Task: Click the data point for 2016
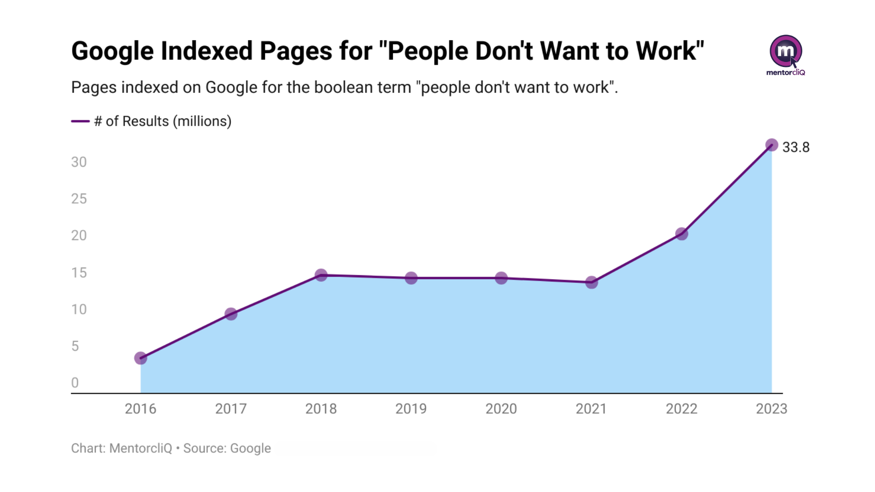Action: (140, 358)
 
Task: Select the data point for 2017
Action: (231, 314)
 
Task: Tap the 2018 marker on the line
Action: (321, 275)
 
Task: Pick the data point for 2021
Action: (591, 282)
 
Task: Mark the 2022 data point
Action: (681, 234)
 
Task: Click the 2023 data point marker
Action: (771, 145)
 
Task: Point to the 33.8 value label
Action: (796, 147)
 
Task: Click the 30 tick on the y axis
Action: (78, 162)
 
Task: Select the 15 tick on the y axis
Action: (78, 272)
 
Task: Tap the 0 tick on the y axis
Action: (75, 383)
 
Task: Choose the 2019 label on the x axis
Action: (411, 409)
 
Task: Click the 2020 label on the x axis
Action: (501, 409)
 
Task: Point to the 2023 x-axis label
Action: (771, 409)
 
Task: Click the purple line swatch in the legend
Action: (80, 121)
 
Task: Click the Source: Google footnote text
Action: (227, 448)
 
